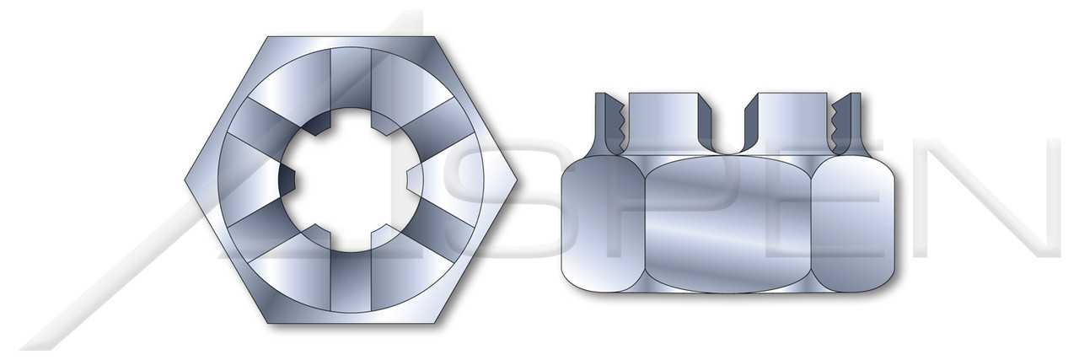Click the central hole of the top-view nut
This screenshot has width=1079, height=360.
pos(353,181)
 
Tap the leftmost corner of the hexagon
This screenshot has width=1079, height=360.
pos(185,180)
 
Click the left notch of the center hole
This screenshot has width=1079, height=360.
pos(288,181)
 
